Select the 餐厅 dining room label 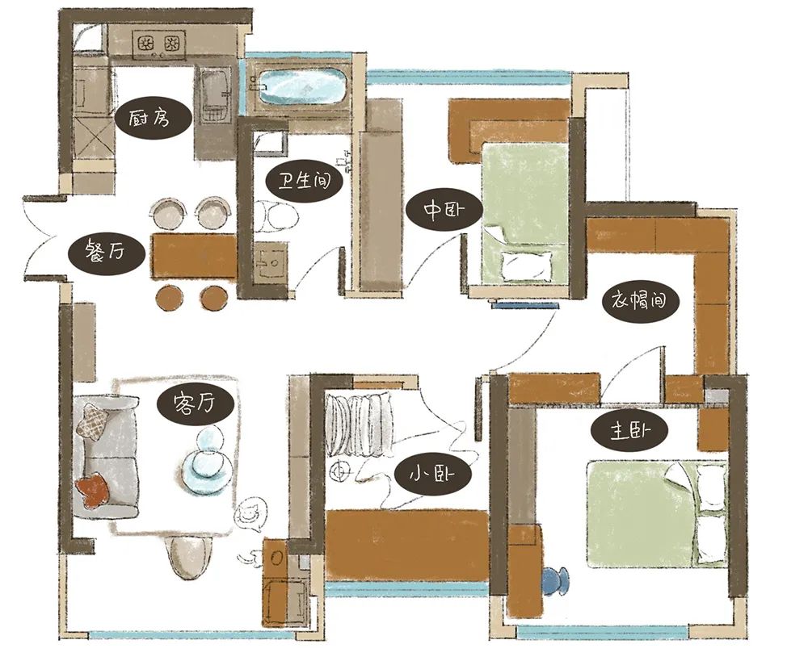point(107,253)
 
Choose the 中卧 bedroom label point(444,211)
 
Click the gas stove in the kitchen point(158,44)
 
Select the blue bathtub point(304,86)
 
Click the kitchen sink point(216,96)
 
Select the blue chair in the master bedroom point(556,581)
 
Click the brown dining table point(194,257)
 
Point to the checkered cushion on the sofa point(94,420)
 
